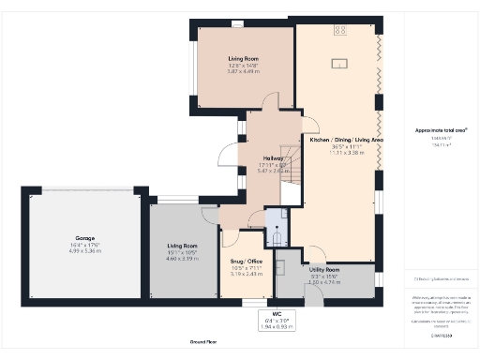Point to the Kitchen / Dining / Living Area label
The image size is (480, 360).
pyautogui.click(x=347, y=140)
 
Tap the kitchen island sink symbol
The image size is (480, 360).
pyautogui.click(x=337, y=65)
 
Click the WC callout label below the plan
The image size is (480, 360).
pyautogui.click(x=276, y=313)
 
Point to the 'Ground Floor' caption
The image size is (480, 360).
pyautogui.click(x=204, y=343)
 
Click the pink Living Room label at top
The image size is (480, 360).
pyautogui.click(x=242, y=59)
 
